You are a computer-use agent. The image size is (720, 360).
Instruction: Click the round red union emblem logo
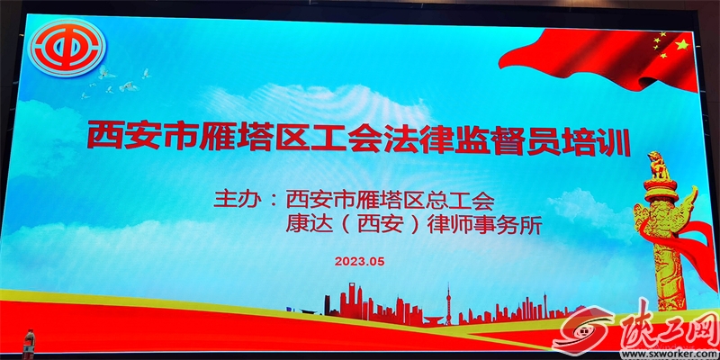(68, 48)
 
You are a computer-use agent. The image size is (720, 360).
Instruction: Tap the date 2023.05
(359, 261)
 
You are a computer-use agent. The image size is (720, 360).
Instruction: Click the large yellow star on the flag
(682, 45)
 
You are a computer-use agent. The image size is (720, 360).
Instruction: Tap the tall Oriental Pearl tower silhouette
(448, 304)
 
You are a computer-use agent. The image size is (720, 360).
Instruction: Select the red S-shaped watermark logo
(584, 329)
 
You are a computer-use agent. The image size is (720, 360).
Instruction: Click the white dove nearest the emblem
(105, 72)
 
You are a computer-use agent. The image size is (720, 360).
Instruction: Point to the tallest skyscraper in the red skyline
(352, 299)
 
